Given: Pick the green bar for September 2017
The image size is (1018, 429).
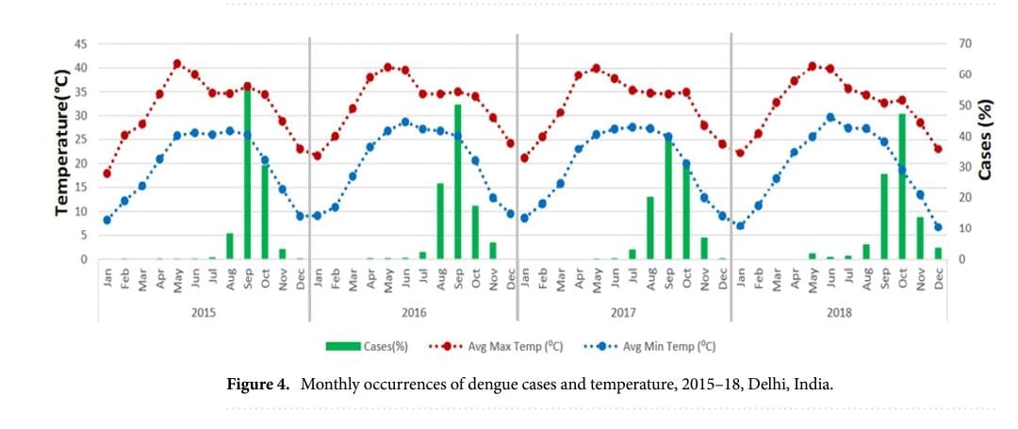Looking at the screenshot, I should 668,198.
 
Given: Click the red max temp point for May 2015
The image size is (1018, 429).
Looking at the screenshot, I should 177,64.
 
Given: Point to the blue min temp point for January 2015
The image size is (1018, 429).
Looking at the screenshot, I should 107,220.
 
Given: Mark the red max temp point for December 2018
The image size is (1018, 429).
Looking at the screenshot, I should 938,149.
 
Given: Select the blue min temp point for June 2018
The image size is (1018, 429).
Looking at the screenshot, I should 830,118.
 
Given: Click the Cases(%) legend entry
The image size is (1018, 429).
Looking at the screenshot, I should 367,346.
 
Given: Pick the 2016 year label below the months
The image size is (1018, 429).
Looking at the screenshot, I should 413,312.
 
